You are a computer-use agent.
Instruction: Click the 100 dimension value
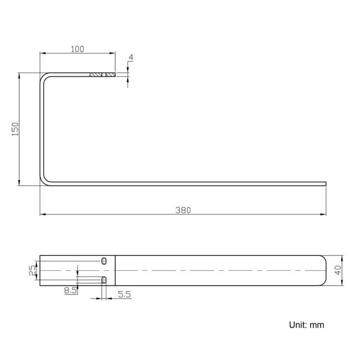tap(78, 49)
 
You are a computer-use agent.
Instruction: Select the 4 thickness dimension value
tap(130, 58)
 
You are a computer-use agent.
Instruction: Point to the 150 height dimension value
tap(16, 128)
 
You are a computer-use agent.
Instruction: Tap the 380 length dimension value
tap(183, 210)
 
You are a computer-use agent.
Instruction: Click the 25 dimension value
tap(32, 270)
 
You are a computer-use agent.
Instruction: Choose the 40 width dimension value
tap(338, 270)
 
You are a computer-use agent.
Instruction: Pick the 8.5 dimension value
tap(70, 290)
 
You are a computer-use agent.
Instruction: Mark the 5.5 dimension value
tap(125, 295)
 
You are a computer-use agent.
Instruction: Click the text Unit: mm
tap(306, 325)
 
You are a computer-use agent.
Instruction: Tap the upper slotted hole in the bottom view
tap(104, 260)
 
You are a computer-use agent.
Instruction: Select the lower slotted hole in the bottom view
tap(104, 280)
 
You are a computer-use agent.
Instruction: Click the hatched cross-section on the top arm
tap(102, 75)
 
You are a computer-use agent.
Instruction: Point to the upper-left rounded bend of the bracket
tap(44, 77)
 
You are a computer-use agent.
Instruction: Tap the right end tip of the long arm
tap(325, 184)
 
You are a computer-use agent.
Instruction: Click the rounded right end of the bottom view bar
tap(324, 270)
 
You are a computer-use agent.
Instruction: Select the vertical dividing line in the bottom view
tap(115, 270)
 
